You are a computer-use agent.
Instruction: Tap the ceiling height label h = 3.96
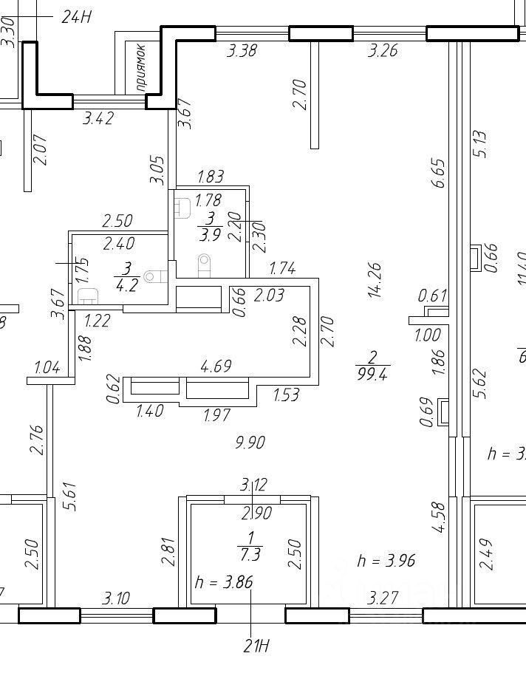[386, 561]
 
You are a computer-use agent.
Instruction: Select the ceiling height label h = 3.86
[224, 582]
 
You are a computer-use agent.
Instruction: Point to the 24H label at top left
[75, 17]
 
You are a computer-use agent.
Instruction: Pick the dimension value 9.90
[250, 443]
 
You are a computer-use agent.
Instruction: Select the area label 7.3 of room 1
[250, 553]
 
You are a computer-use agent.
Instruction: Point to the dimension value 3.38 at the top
[242, 51]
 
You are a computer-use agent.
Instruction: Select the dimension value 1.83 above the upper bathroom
[210, 177]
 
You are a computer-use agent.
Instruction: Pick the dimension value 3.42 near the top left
[98, 117]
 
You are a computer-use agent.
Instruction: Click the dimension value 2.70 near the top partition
[299, 94]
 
